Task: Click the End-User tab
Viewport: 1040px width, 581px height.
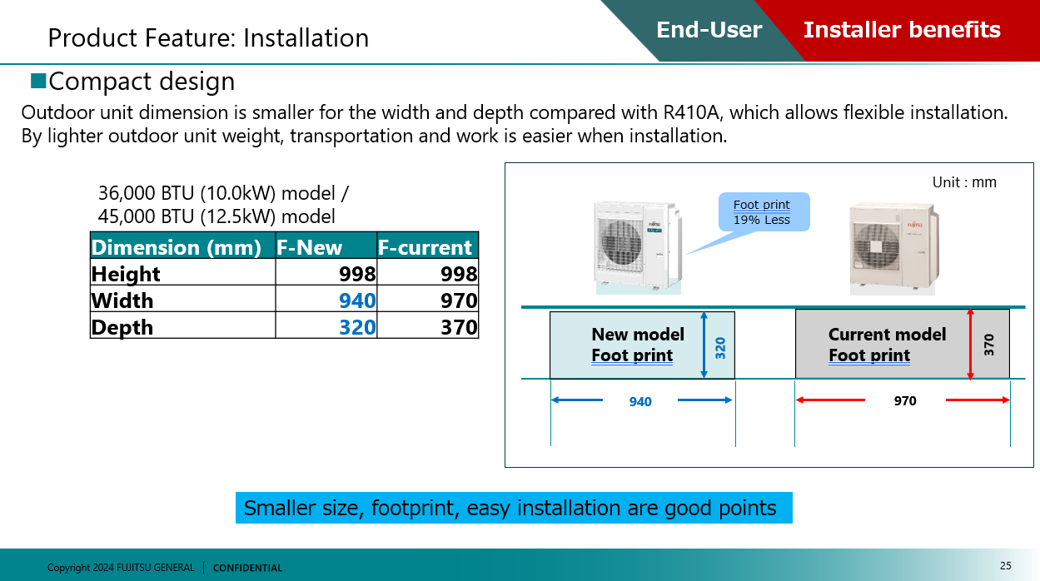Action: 709,31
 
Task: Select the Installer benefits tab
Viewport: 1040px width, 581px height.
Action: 902,31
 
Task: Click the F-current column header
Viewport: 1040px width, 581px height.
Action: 425,247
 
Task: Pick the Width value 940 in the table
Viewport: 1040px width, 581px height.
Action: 357,300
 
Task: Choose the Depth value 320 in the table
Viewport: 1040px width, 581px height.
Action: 357,327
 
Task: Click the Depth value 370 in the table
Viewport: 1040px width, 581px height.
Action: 459,327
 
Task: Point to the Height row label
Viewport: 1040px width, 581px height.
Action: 126,274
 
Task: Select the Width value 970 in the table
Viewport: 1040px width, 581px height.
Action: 459,300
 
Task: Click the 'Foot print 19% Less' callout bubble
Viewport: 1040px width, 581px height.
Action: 763,212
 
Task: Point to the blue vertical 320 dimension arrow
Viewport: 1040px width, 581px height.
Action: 704,345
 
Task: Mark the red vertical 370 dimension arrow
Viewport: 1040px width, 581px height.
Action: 970,345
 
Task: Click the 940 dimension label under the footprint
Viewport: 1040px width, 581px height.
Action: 640,402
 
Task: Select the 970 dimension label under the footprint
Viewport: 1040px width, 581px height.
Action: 905,401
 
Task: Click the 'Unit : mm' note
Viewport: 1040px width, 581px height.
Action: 964,182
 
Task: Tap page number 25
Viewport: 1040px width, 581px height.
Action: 1006,566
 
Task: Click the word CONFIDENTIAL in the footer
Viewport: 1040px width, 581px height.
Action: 247,568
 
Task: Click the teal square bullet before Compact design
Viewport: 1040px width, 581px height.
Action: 38,81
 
